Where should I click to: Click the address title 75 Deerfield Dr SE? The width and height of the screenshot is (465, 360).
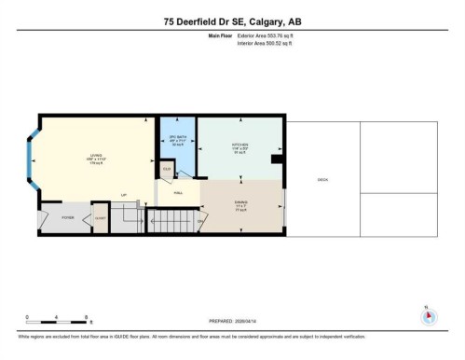pos(232,20)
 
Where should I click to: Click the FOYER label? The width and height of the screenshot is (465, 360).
pos(68,217)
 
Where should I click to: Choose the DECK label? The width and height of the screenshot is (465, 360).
pos(322,179)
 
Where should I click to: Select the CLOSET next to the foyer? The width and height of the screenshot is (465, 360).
pos(100,217)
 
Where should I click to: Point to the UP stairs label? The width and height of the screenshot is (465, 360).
pos(123,194)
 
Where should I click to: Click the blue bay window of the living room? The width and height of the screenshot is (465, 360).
pos(34,162)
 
